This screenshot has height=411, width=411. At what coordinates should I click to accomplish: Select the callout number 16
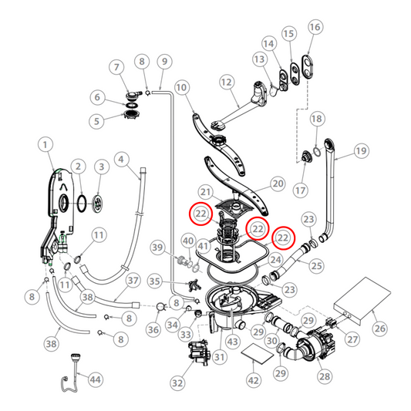[x=314, y=27]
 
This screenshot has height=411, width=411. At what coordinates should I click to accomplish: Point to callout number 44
[x=96, y=379]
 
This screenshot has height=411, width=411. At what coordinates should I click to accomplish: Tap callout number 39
[x=157, y=247]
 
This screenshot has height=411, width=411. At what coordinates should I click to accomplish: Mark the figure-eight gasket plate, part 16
[x=308, y=66]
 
